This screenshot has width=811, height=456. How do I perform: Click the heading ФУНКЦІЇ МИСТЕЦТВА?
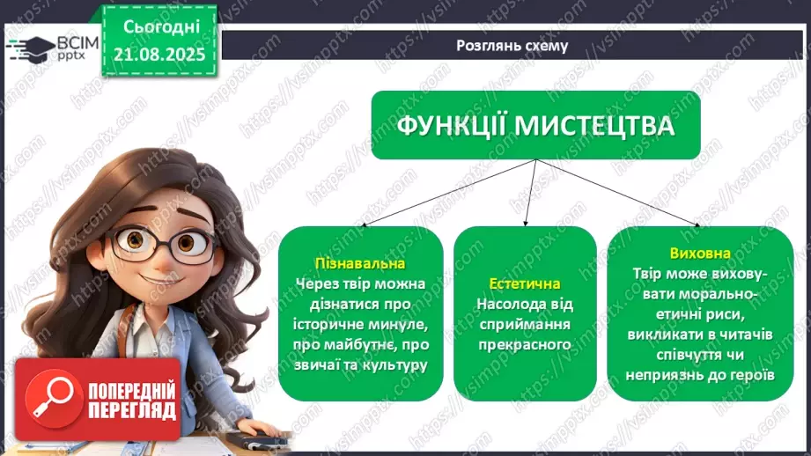535,125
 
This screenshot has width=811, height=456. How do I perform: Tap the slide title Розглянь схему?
512,46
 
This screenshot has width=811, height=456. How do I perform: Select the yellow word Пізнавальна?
360,263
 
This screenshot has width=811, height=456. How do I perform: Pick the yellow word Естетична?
525,283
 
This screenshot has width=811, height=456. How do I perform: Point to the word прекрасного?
525,344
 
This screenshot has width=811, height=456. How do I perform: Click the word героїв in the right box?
749,374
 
